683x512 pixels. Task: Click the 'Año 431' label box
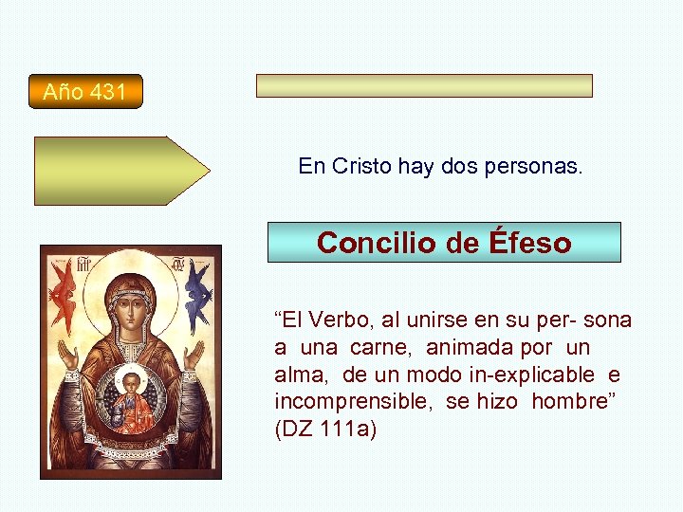coord(85,92)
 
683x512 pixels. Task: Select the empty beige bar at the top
coord(424,86)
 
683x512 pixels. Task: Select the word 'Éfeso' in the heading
coord(530,243)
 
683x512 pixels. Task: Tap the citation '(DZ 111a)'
coord(325,430)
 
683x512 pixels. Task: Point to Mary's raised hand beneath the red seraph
coord(67,355)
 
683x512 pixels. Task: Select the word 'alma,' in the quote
coord(299,375)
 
